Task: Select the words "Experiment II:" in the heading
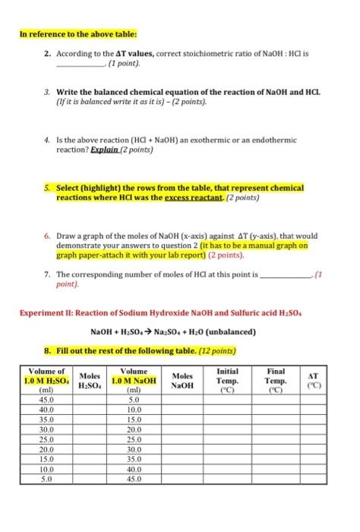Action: (x=49, y=313)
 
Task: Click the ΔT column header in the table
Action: (x=311, y=379)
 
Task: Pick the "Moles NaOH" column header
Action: (x=182, y=379)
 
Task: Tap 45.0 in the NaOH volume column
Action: (x=134, y=479)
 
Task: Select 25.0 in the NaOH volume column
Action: (x=134, y=439)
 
